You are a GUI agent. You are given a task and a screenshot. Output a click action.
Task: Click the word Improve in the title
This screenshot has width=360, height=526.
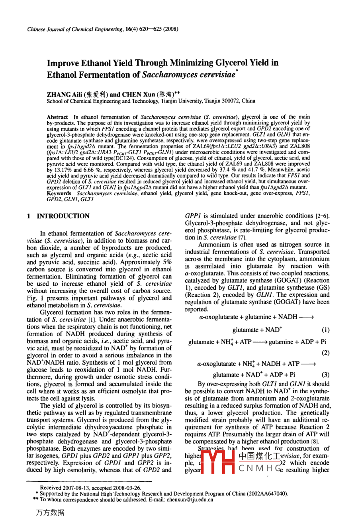(x=63, y=63)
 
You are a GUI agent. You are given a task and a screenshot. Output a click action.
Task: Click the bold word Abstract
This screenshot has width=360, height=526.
(x=57, y=117)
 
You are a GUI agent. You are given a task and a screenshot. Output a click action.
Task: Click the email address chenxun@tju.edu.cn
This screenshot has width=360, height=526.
(x=190, y=499)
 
